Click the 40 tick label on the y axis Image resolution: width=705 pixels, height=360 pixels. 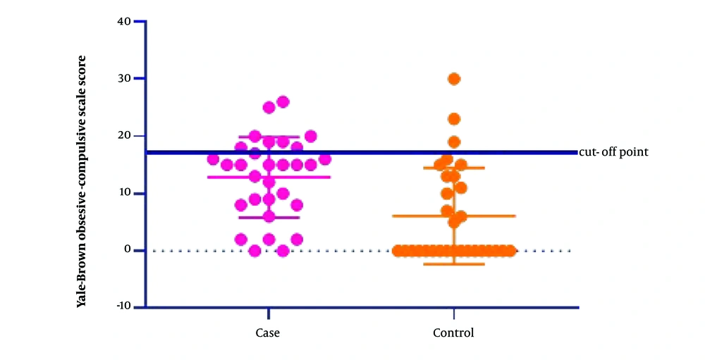tap(125, 22)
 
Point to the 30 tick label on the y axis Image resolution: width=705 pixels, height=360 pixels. tap(125, 79)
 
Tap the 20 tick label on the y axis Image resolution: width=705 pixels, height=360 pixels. tap(125, 136)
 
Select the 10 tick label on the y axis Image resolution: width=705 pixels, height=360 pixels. tap(125, 193)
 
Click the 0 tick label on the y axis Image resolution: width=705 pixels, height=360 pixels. tap(128, 250)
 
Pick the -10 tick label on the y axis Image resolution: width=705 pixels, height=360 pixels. tap(123, 306)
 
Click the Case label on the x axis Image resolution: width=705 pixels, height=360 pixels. tap(267, 333)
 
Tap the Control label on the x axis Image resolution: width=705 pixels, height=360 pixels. tap(453, 333)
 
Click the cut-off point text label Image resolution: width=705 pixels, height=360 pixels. tap(614, 152)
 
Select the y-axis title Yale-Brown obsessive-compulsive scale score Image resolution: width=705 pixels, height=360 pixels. tap(81, 182)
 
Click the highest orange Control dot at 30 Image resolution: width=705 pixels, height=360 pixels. tap(454, 79)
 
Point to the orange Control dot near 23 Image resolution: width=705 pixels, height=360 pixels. tap(454, 119)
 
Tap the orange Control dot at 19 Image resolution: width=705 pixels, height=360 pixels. tap(454, 142)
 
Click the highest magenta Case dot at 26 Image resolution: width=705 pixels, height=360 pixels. tap(283, 102)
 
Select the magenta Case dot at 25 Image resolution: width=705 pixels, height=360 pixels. tap(269, 107)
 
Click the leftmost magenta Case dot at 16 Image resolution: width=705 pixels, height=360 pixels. tap(213, 159)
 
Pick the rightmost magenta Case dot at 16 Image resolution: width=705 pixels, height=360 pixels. tap(324, 159)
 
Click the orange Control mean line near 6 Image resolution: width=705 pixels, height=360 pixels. tap(454, 216)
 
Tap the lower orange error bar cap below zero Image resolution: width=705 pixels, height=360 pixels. tap(454, 264)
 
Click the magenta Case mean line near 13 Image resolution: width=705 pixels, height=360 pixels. tap(269, 177)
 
